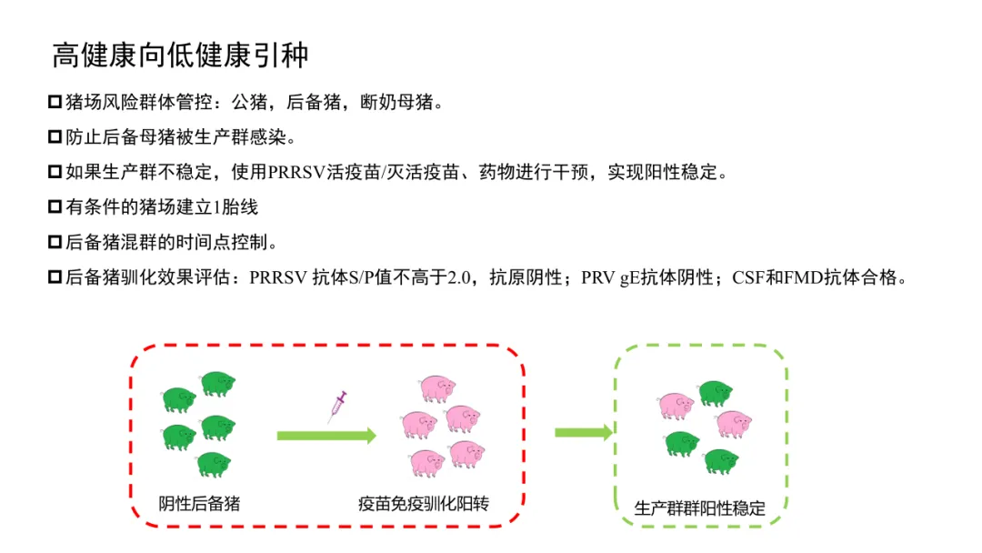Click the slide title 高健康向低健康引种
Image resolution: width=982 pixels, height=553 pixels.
click(180, 55)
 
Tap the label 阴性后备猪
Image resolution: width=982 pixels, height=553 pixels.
click(199, 503)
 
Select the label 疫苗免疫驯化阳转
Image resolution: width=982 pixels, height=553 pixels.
click(424, 503)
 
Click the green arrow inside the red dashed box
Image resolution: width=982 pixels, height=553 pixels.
click(326, 436)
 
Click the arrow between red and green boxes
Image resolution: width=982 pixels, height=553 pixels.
click(583, 432)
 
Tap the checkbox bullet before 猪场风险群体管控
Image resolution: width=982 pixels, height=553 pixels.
click(55, 101)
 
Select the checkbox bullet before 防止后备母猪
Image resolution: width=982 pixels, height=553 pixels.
click(55, 136)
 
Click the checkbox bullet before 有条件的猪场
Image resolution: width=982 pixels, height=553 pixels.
click(55, 207)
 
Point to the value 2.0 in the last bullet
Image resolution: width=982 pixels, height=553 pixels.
click(463, 278)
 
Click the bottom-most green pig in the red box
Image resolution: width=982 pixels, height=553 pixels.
click(214, 464)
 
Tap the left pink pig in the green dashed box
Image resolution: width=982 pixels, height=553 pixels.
click(676, 405)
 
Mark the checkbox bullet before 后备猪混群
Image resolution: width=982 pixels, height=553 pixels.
click(55, 243)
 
